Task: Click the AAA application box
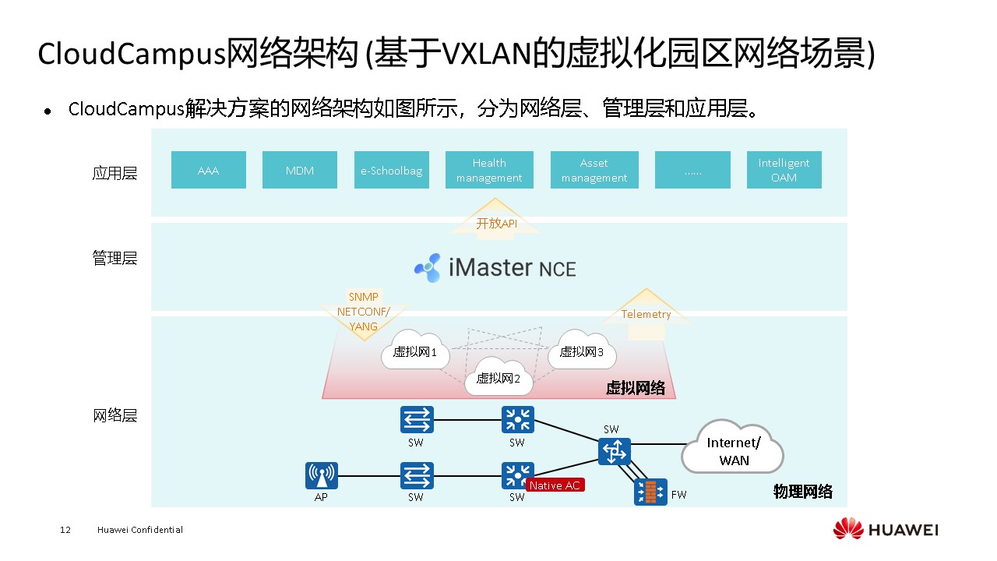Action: (208, 170)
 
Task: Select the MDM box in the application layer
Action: (300, 170)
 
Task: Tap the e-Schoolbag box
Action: (391, 170)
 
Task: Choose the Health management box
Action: (489, 170)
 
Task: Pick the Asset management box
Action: (594, 170)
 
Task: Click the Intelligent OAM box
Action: (784, 170)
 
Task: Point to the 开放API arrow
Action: (497, 221)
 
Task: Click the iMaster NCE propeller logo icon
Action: (428, 267)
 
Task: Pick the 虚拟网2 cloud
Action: (498, 379)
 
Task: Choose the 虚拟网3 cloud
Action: (582, 352)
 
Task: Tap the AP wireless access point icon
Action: (322, 475)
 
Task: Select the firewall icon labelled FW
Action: (650, 492)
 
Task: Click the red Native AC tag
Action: (555, 485)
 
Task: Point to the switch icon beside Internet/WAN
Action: (614, 450)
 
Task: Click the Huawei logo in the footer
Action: (848, 529)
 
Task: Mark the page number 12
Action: (65, 530)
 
